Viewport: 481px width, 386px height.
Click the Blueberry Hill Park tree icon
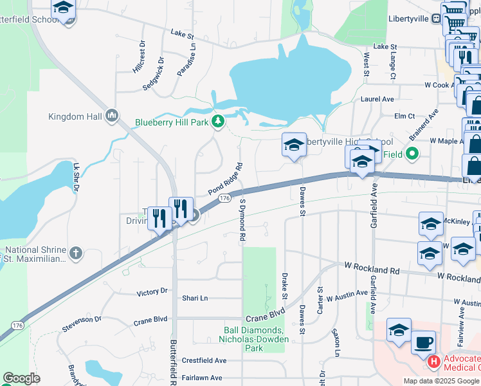coord(219,121)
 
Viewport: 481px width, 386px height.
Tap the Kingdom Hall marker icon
coord(112,116)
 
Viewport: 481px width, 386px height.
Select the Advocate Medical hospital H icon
coord(434,362)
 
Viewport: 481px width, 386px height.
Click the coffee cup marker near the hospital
coord(423,342)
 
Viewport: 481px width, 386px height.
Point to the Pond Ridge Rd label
coord(225,179)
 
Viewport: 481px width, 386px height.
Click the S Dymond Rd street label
coord(243,219)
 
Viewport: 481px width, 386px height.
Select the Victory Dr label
coord(152,292)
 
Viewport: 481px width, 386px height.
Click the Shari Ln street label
coord(195,299)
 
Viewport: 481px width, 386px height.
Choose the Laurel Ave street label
coord(377,100)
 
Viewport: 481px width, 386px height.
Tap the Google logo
coord(21,378)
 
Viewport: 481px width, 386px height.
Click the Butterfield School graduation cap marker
coord(63,8)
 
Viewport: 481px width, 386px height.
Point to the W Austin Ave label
coord(347,297)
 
